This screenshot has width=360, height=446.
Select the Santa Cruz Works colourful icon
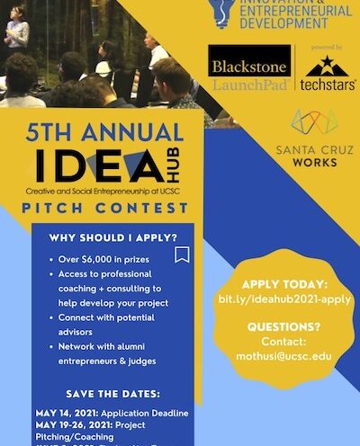[314, 123]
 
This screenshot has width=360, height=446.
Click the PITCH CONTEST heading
[106, 209]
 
